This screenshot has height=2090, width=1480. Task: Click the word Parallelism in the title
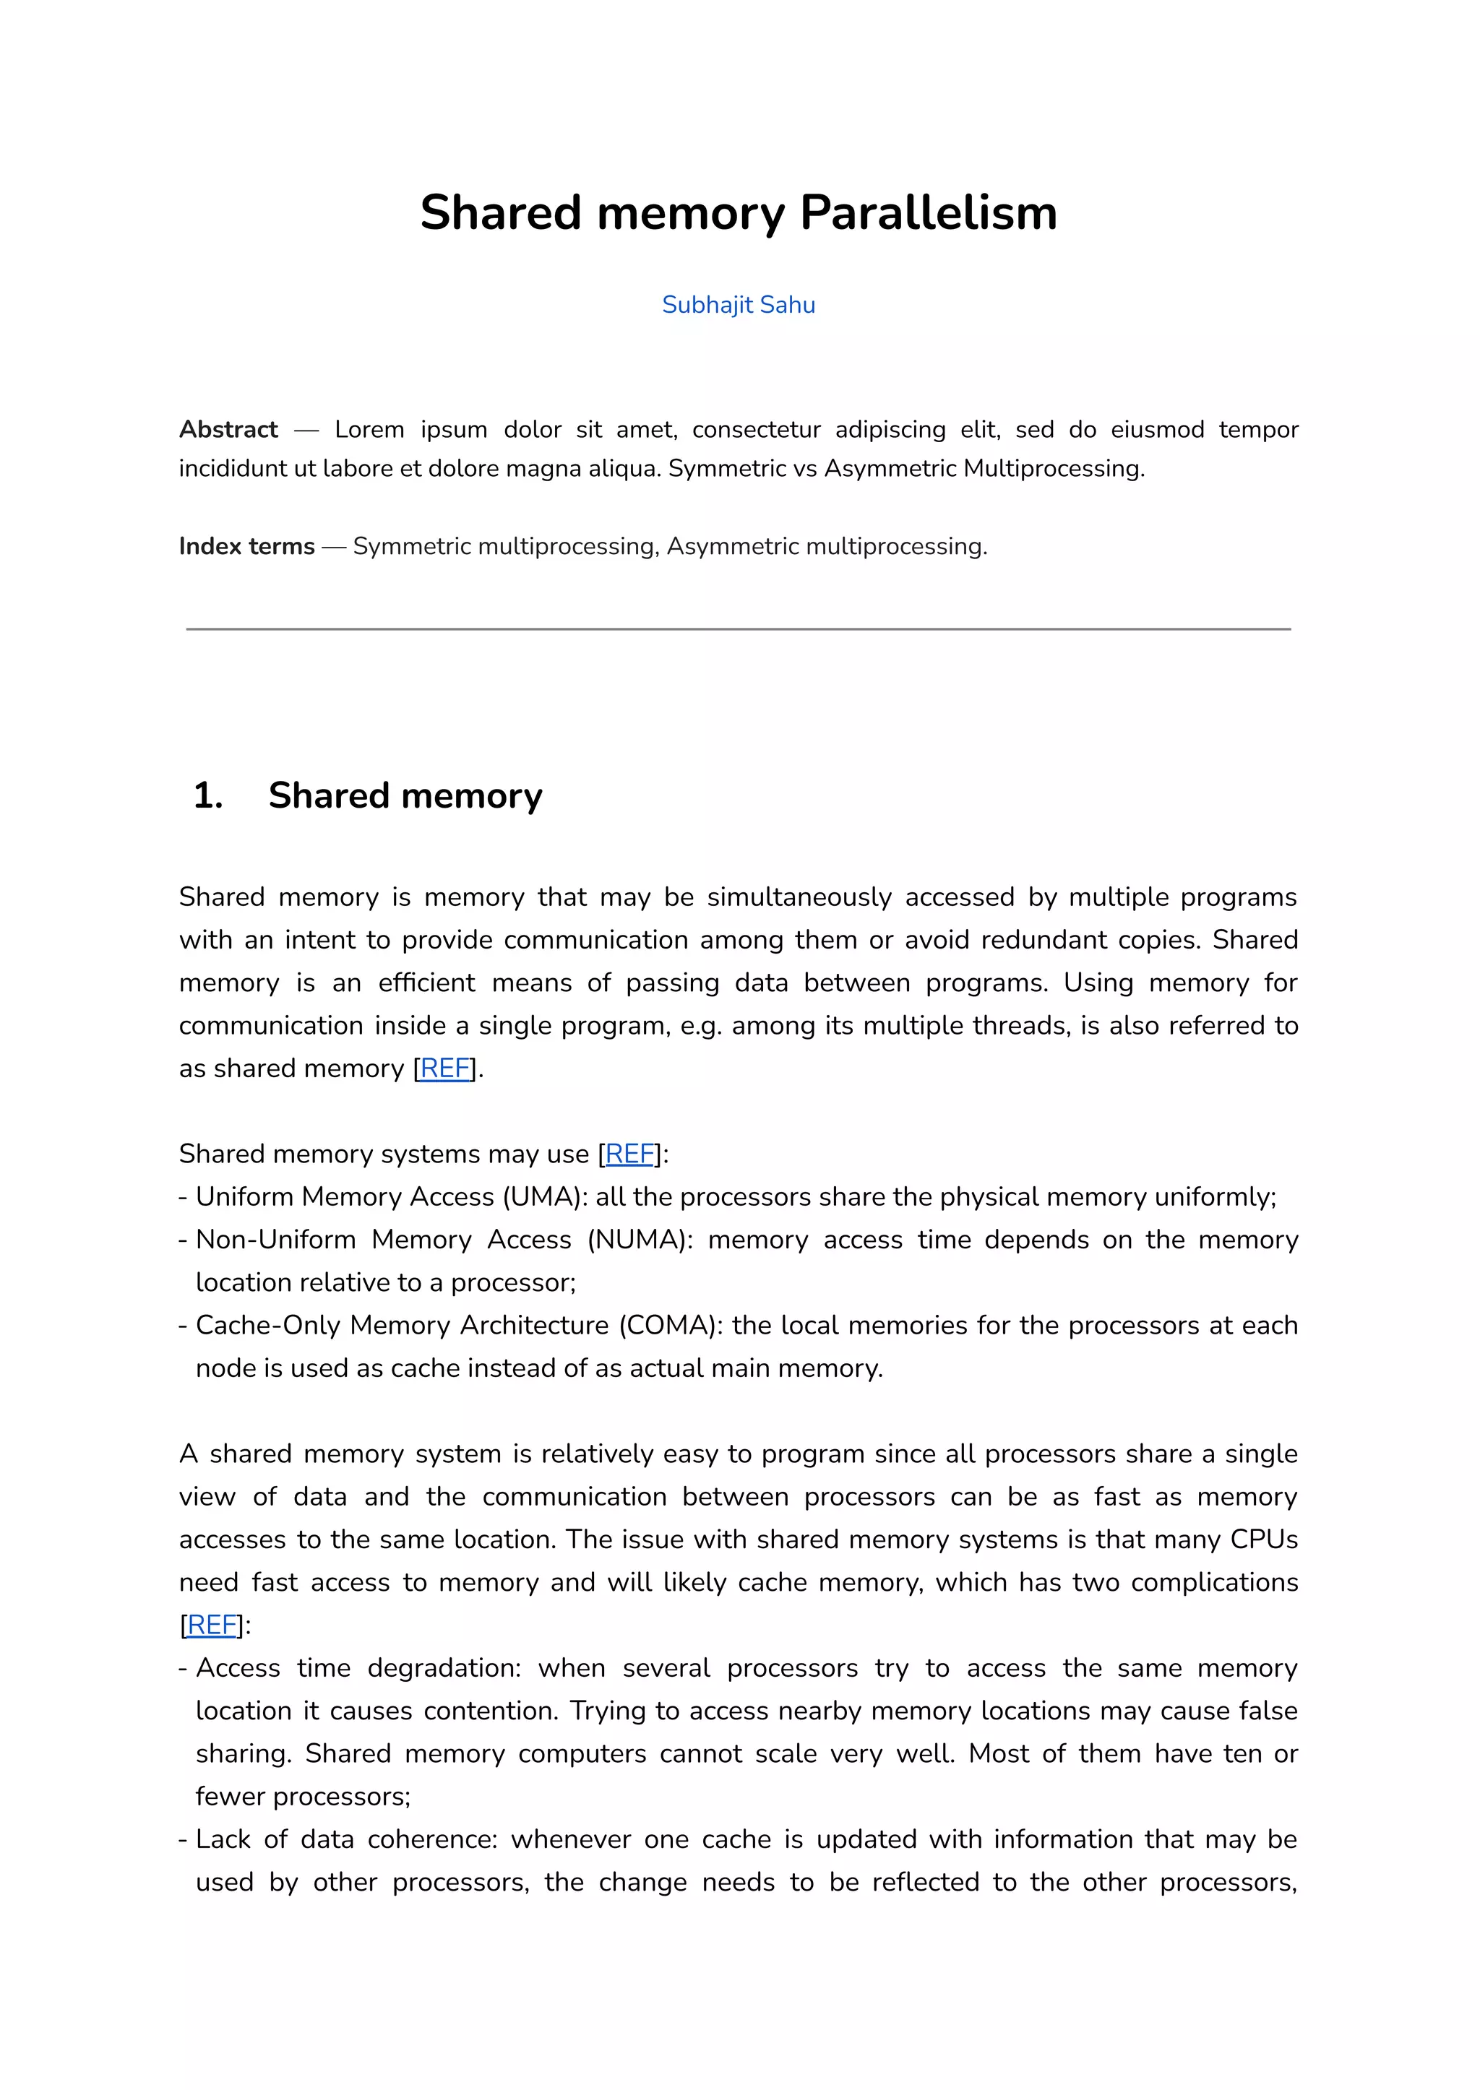928,213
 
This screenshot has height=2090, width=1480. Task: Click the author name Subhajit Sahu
738,304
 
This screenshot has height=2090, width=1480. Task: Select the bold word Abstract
228,429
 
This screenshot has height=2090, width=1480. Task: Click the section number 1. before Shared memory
208,795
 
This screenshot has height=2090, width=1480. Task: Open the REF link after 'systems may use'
629,1154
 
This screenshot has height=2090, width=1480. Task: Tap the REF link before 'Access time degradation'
212,1625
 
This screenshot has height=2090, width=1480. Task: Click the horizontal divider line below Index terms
738,629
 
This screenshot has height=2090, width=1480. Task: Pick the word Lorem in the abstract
369,429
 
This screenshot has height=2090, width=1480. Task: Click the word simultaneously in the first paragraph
799,897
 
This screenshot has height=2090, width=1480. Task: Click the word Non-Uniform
275,1239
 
